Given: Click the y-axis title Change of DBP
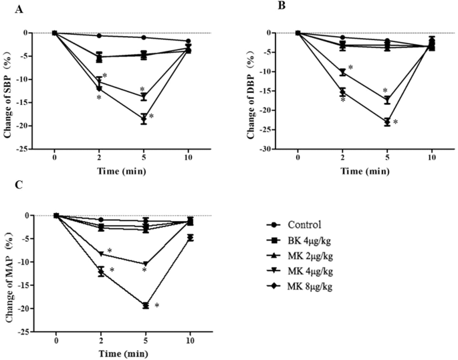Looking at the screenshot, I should [x=253, y=91].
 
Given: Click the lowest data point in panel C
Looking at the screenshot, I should [x=145, y=305].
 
